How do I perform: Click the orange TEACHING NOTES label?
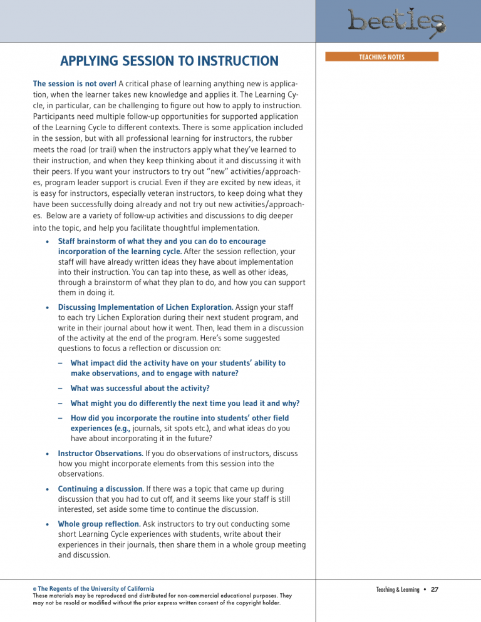coord(381,57)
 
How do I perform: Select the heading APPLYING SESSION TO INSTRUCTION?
coord(169,61)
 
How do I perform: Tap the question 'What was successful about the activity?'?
coord(140,388)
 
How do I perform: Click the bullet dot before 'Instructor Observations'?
coord(48,454)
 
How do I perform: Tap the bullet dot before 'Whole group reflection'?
coord(48,524)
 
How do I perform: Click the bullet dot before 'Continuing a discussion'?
coord(48,489)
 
